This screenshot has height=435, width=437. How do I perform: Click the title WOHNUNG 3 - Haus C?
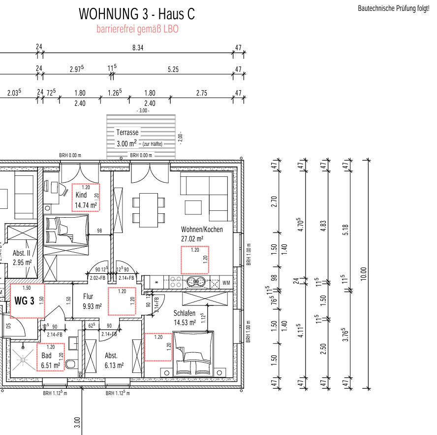pyautogui.click(x=136, y=14)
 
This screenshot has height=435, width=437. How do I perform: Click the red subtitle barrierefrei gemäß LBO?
pyautogui.click(x=137, y=29)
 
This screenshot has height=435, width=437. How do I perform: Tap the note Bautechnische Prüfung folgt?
pyautogui.click(x=396, y=9)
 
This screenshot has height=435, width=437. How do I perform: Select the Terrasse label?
pyautogui.click(x=127, y=133)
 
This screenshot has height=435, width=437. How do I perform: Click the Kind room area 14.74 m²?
pyautogui.click(x=86, y=205)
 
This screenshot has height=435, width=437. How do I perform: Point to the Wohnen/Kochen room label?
pyautogui.click(x=202, y=230)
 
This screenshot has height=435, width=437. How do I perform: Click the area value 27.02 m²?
pyautogui.click(x=192, y=238)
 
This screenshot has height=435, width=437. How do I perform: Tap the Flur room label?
pyautogui.click(x=88, y=297)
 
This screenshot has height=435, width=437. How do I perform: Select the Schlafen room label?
pyautogui.click(x=185, y=313)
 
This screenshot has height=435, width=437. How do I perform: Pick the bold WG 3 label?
pyautogui.click(x=25, y=301)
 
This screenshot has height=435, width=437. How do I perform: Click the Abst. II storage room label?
pyautogui.click(x=22, y=253)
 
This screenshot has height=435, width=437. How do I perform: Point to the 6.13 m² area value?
pyautogui.click(x=114, y=365)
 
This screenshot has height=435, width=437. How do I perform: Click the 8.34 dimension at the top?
pyautogui.click(x=138, y=48)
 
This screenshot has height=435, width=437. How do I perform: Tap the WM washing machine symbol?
pyautogui.click(x=226, y=283)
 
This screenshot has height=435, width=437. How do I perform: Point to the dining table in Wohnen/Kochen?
pyautogui.click(x=148, y=202)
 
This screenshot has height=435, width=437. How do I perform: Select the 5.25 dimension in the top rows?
pyautogui.click(x=173, y=69)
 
